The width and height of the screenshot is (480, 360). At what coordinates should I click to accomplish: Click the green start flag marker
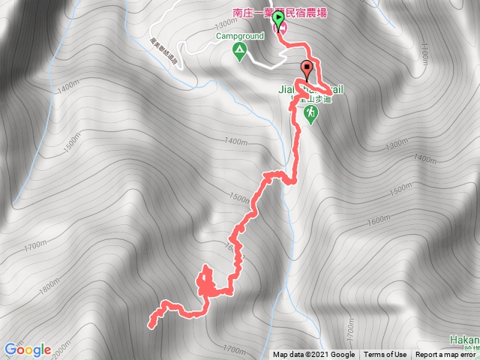[278, 19]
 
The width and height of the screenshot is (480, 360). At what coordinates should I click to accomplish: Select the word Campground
[239, 35]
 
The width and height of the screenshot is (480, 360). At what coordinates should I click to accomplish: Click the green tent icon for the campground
[239, 52]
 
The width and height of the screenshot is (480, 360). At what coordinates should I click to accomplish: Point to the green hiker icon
[310, 112]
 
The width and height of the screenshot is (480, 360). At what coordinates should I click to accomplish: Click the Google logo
[27, 349]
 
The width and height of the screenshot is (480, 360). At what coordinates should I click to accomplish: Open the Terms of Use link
[385, 355]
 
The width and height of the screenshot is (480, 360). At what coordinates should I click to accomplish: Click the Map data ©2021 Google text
[313, 355]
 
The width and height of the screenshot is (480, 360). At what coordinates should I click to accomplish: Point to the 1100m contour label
[424, 52]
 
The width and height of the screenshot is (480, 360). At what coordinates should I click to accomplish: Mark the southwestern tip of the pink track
[151, 326]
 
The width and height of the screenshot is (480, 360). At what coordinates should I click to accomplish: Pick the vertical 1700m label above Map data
[350, 331]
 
